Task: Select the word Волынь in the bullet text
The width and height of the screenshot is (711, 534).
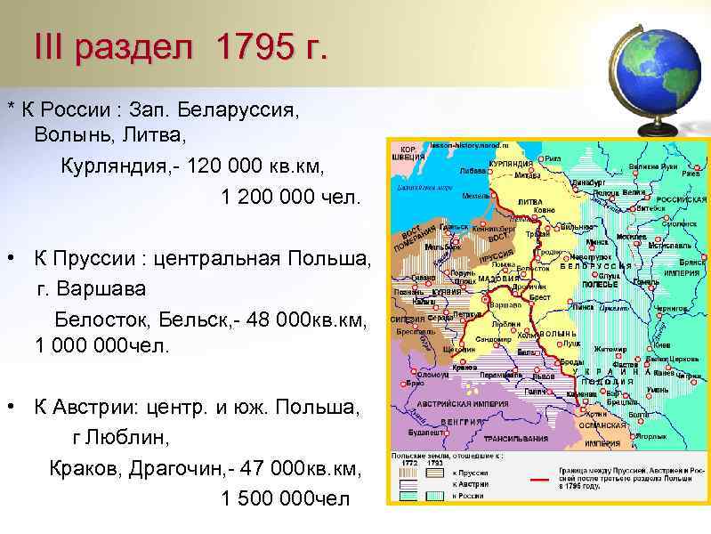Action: click(x=67, y=135)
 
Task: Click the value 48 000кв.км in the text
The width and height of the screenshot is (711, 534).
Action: click(x=307, y=318)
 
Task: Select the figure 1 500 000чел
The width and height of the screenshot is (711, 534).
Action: click(x=286, y=498)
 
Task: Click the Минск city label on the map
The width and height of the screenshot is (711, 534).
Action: click(x=598, y=240)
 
